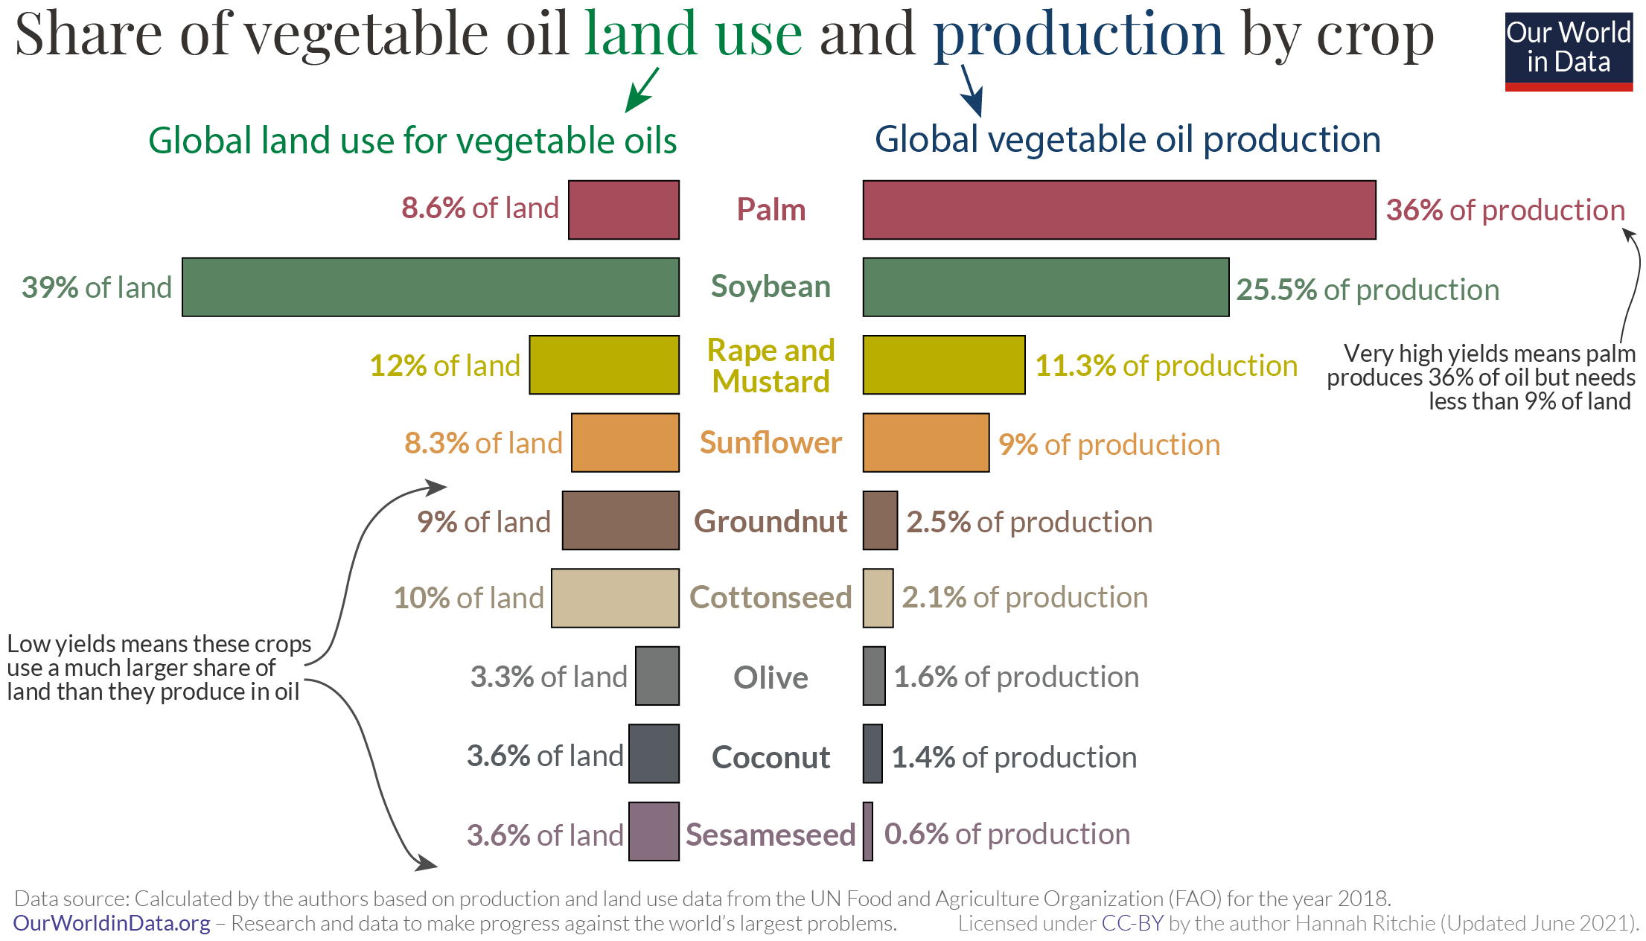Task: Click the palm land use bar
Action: click(624, 210)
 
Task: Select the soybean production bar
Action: click(1045, 287)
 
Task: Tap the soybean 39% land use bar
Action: click(430, 287)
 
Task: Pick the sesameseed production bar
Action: click(868, 832)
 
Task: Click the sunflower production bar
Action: click(926, 443)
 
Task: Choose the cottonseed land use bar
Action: click(615, 598)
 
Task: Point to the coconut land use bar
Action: click(654, 753)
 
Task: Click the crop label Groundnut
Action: click(771, 521)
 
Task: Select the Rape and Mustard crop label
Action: click(771, 366)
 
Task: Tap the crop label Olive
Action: click(771, 677)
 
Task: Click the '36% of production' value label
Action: click(1505, 210)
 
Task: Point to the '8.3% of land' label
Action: click(483, 443)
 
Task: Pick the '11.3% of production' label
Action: click(1166, 366)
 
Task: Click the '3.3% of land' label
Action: click(549, 677)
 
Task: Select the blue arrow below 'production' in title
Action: click(971, 91)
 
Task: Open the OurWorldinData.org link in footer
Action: click(112, 923)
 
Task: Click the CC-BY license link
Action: click(1132, 923)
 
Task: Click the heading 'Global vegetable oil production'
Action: click(1127, 139)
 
